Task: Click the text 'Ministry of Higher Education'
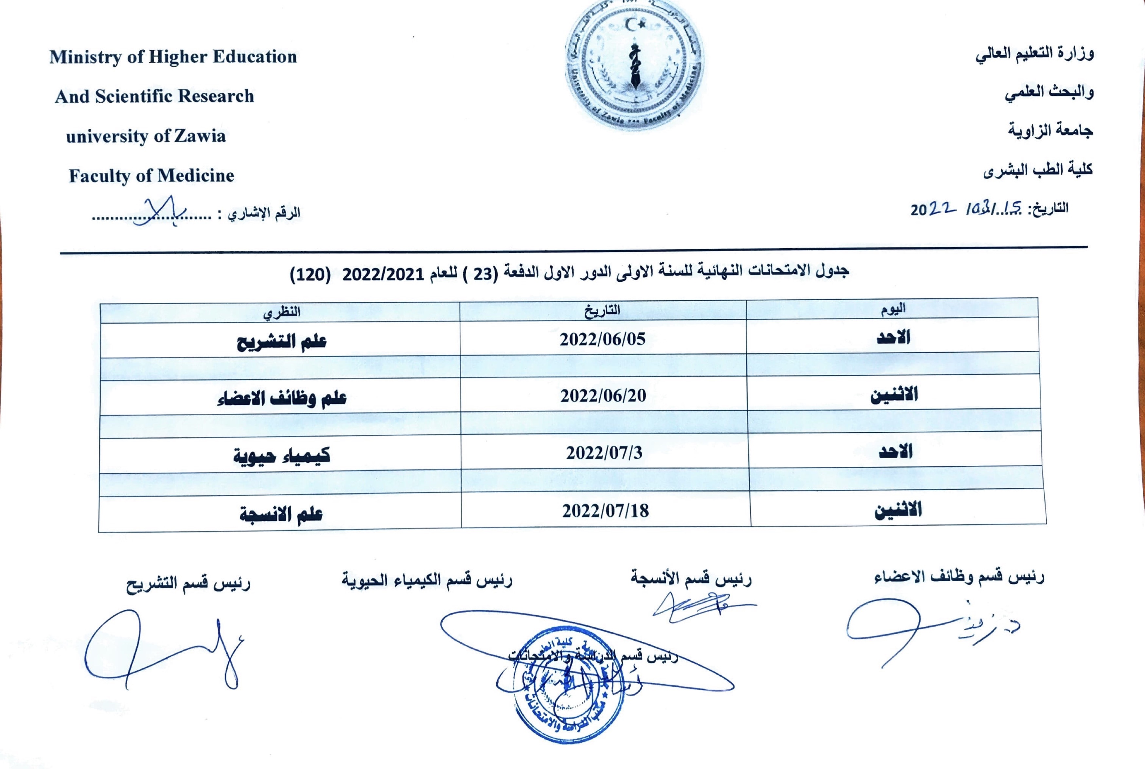(x=173, y=57)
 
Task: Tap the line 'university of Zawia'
(x=146, y=136)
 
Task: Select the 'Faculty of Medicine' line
(x=151, y=176)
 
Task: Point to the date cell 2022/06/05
(x=603, y=339)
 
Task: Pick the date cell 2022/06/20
(x=603, y=395)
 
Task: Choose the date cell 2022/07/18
(x=606, y=511)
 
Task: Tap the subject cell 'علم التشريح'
(x=281, y=342)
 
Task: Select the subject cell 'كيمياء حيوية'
(x=281, y=456)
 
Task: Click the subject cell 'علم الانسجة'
(x=281, y=514)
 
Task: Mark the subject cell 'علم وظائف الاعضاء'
(x=281, y=398)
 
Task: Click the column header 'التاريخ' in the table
(x=602, y=310)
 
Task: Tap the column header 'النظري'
(x=281, y=312)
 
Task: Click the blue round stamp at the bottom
(x=569, y=684)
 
